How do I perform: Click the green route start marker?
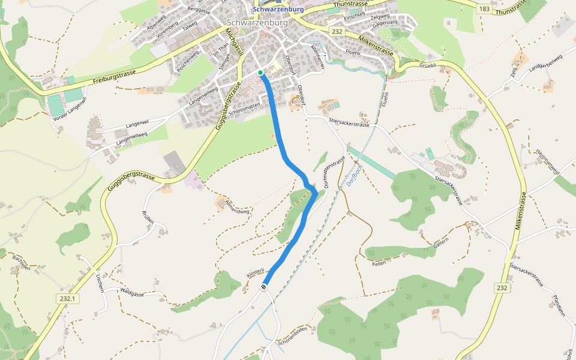260,73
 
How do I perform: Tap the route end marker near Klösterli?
264,287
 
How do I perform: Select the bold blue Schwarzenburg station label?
278,10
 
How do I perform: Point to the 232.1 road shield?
67,298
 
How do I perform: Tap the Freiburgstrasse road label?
115,76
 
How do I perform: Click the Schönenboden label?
293,337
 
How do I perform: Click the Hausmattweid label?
547,162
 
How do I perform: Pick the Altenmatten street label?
319,56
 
